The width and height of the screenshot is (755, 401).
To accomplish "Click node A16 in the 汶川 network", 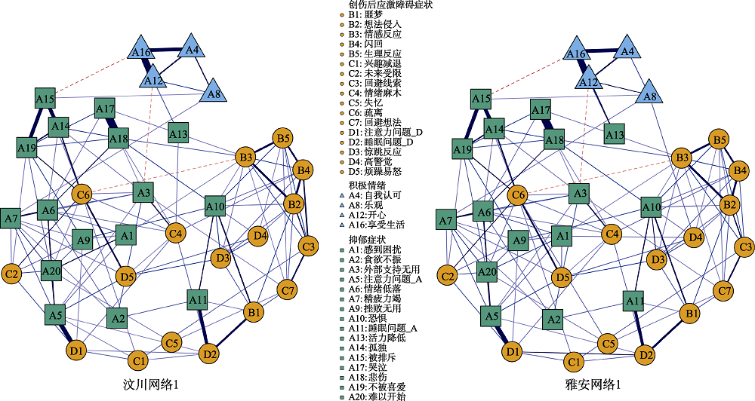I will click(x=141, y=53).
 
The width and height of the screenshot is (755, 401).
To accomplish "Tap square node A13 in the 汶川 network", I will click(x=177, y=134).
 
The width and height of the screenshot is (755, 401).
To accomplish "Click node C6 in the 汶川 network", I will click(x=84, y=196).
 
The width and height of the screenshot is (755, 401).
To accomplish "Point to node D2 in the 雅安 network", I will click(x=644, y=354).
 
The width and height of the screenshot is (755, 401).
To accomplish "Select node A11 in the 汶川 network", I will click(x=198, y=301).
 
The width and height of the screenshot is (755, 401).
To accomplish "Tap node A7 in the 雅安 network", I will click(x=446, y=221).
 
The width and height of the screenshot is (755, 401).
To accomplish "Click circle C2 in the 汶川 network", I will click(x=11, y=274).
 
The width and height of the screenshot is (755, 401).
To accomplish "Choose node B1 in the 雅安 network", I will click(x=689, y=312).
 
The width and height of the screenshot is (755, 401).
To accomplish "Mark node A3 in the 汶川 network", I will click(x=143, y=193).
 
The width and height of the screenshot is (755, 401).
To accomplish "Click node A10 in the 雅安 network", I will click(x=652, y=206).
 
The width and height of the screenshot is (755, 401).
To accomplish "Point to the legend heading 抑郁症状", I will click(x=365, y=239).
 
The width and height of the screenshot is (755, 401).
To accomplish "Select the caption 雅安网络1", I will click(x=595, y=385).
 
